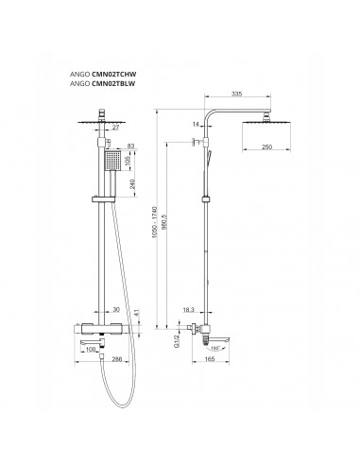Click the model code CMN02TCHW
coord(114,75)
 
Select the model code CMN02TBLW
coord(113,84)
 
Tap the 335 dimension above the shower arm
coord(236,94)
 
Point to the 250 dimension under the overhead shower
coord(266,147)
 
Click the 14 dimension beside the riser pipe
coord(196,125)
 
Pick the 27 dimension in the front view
coord(116,128)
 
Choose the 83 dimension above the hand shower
coord(131,146)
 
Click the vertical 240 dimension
coord(132,184)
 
